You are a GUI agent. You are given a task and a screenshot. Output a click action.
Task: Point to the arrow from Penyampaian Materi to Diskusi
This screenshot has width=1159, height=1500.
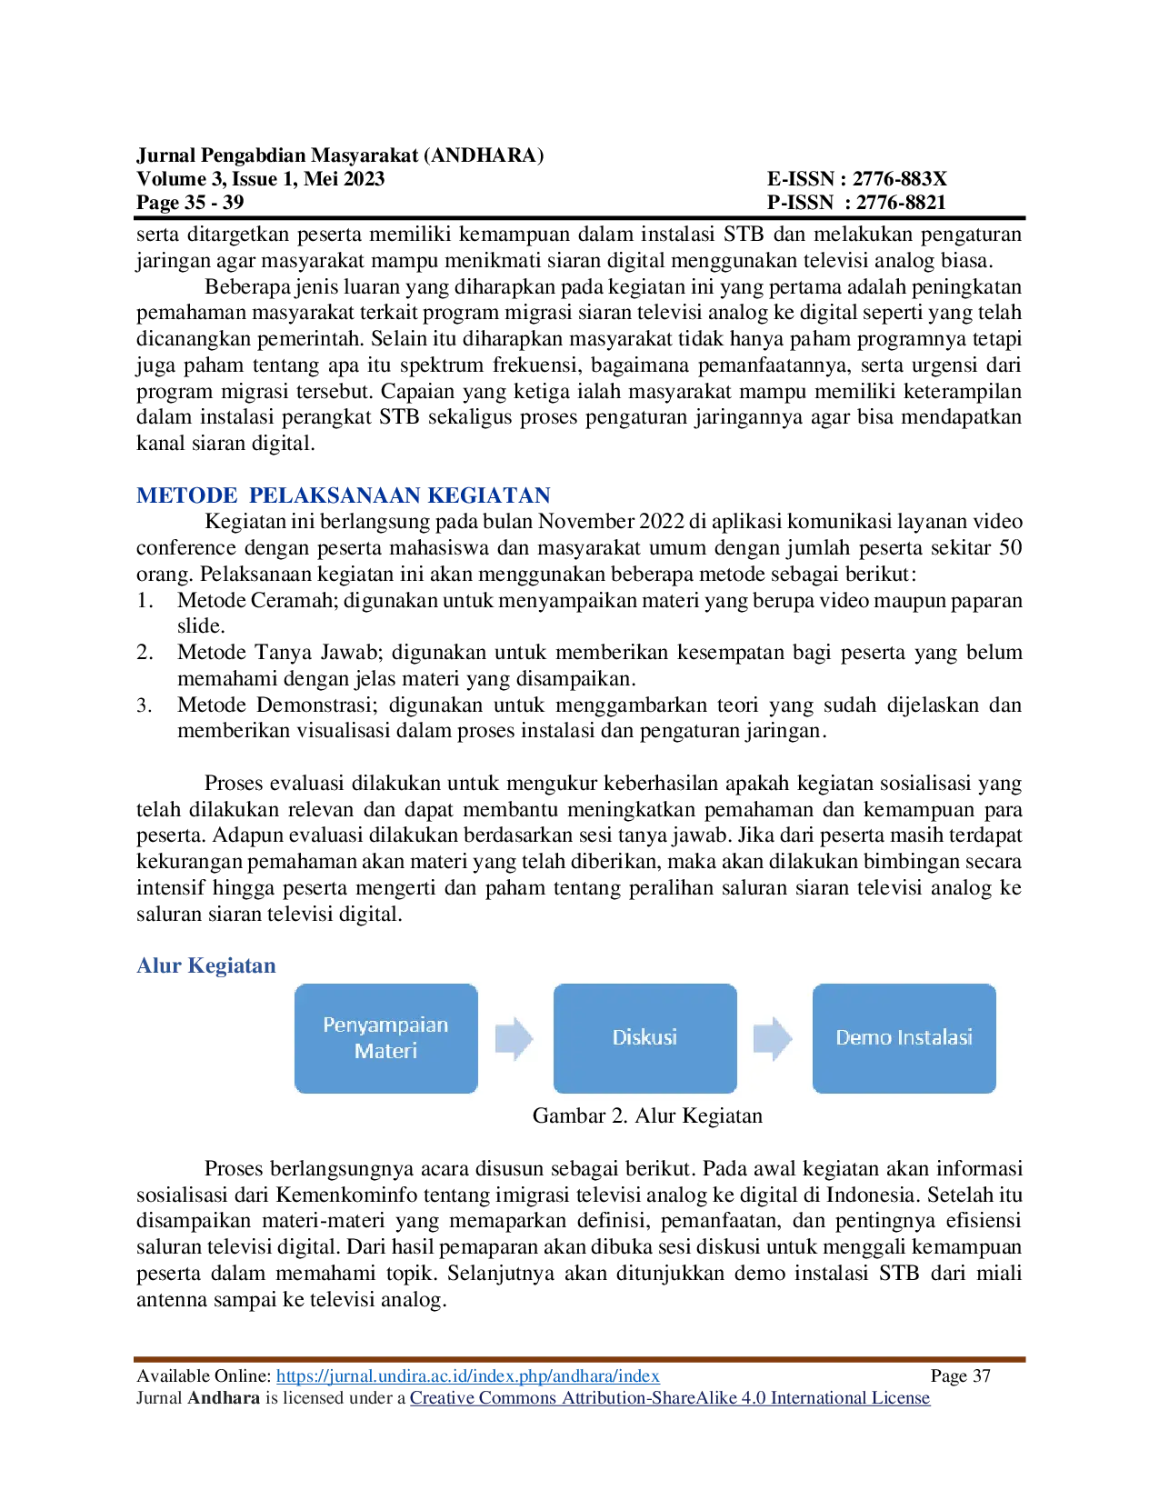pos(515,1038)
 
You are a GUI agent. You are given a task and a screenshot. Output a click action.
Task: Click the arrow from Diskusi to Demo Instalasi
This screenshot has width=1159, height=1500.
pos(773,1038)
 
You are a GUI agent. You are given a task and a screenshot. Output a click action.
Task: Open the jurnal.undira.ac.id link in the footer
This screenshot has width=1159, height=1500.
pos(468,1375)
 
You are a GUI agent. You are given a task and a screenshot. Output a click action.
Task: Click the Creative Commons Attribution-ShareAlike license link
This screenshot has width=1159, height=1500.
pos(670,1398)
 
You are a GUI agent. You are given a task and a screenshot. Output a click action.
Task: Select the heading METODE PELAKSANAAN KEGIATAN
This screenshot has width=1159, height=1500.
pos(343,495)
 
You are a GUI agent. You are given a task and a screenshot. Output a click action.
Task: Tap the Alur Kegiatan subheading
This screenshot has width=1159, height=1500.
pos(205,965)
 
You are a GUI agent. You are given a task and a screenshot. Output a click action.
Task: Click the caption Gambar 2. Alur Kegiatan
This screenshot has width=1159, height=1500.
pos(647,1115)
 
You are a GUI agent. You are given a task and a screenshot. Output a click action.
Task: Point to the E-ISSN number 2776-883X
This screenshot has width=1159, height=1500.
pos(899,179)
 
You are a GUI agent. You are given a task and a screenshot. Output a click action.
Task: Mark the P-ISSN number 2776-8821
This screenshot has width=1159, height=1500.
pos(900,202)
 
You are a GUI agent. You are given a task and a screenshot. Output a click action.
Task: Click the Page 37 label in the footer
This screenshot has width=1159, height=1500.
pos(960,1375)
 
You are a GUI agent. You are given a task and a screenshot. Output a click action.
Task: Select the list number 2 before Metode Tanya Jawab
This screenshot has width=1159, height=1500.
pos(145,652)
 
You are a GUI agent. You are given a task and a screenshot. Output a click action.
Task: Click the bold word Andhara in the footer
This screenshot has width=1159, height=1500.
pos(223,1398)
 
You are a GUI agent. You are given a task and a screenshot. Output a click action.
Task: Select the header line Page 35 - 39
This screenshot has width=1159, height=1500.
pos(190,202)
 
